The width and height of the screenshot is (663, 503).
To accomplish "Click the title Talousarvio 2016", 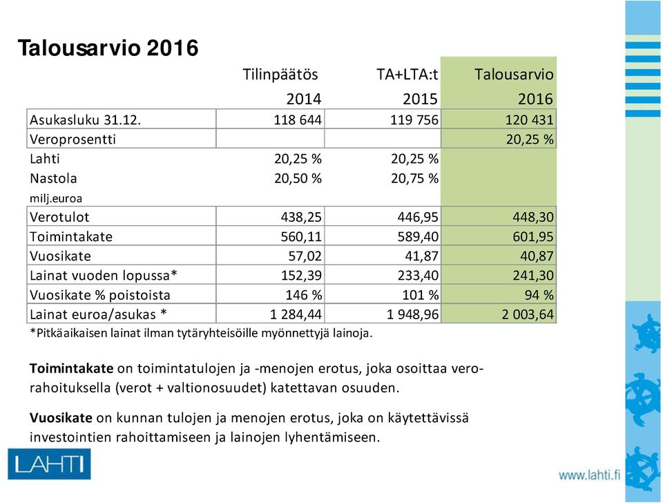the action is click(108, 48).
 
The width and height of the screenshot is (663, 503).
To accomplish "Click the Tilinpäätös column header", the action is click(280, 75).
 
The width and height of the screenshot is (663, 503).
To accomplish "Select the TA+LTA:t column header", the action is click(407, 75).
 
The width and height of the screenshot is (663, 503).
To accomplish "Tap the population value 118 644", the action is click(298, 120).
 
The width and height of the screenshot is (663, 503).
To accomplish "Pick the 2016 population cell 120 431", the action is click(529, 120).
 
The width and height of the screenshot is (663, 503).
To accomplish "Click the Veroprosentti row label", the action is click(73, 139).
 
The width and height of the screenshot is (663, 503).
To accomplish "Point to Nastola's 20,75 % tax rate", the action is click(414, 178).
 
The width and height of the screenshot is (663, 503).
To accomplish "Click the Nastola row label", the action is click(53, 178).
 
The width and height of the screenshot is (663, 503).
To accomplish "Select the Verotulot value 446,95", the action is click(418, 217).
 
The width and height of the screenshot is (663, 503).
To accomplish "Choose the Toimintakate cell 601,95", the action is click(532, 236).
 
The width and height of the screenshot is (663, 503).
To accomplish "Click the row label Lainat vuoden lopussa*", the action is click(103, 276).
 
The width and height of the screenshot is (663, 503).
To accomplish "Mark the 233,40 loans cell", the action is click(418, 276).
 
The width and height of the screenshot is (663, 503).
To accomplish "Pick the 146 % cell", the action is click(304, 295).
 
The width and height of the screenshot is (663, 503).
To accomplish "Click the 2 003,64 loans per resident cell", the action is click(527, 314).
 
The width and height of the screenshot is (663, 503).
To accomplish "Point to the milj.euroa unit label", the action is click(56, 198).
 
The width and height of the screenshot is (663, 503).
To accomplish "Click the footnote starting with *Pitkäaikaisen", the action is click(201, 333).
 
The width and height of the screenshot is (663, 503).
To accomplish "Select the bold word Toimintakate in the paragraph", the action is click(71, 368).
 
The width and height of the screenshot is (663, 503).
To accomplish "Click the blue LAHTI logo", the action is click(49, 464).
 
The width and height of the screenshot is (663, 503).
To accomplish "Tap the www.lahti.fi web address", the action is click(589, 475).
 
